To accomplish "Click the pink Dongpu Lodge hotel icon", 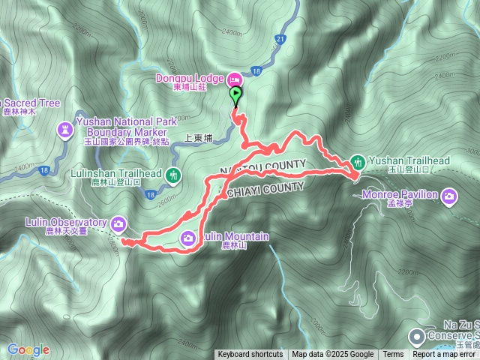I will point(233,79).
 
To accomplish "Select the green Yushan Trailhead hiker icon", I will point(358,161).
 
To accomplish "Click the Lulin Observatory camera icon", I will point(119,223).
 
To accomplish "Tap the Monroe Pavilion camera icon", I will point(448,197).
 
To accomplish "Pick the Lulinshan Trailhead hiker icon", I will point(174,175).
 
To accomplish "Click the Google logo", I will point(28,349).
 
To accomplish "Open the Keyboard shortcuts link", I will point(250,355).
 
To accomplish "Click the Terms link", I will point(393,355).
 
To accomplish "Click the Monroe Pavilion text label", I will point(412,194).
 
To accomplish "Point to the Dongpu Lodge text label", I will point(189,79).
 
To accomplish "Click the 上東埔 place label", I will point(199,137).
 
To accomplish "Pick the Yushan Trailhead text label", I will point(409,160).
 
